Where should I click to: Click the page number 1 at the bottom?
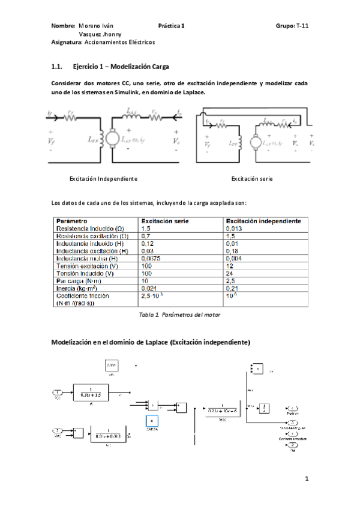tap(306, 478)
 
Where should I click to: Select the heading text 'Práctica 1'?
tap(172, 26)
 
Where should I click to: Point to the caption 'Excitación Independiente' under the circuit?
tap(103, 179)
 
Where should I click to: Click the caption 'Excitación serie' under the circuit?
tap(252, 179)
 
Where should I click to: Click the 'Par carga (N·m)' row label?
tap(79, 280)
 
